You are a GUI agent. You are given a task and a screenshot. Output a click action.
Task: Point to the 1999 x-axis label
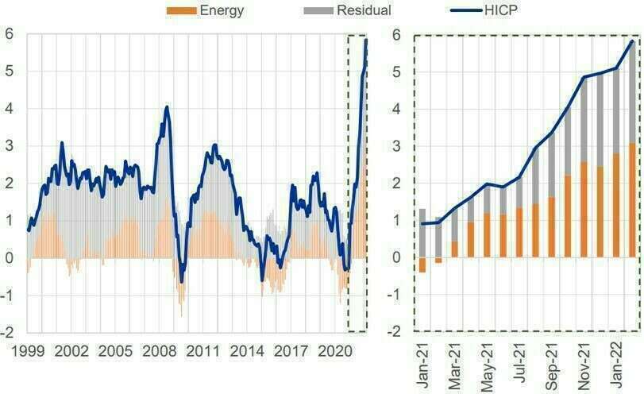click(x=28, y=350)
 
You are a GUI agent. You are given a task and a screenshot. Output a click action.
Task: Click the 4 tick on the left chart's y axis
click(x=10, y=109)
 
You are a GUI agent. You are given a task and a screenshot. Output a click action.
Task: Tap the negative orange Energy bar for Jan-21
click(x=422, y=265)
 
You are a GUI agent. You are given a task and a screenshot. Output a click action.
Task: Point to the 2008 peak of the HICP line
click(x=166, y=106)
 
